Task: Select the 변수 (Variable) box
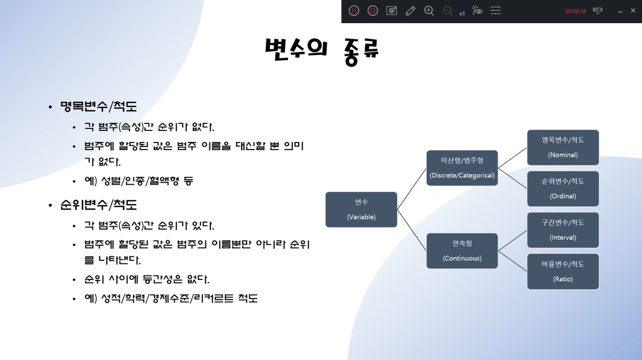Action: pos(361,209)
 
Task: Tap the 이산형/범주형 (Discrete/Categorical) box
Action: pos(462,168)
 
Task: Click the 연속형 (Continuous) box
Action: pos(462,251)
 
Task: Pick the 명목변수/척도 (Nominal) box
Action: pos(563,147)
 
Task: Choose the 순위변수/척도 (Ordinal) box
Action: pos(563,189)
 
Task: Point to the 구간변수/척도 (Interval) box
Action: pos(563,230)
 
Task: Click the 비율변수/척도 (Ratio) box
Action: pos(563,271)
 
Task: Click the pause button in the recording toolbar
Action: pos(354,11)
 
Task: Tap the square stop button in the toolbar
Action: pos(373,11)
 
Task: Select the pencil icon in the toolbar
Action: pos(410,11)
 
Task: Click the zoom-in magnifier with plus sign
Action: pos(429,11)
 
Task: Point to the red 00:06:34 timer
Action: pos(576,11)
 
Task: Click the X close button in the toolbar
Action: pos(633,11)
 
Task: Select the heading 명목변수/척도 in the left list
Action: pos(98,107)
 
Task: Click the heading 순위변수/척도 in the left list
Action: pos(98,205)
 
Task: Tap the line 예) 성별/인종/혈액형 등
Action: pos(139,181)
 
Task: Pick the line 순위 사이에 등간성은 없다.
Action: pos(147,279)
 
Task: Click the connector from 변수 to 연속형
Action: pos(412,230)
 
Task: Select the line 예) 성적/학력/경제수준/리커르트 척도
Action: pos(171,298)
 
